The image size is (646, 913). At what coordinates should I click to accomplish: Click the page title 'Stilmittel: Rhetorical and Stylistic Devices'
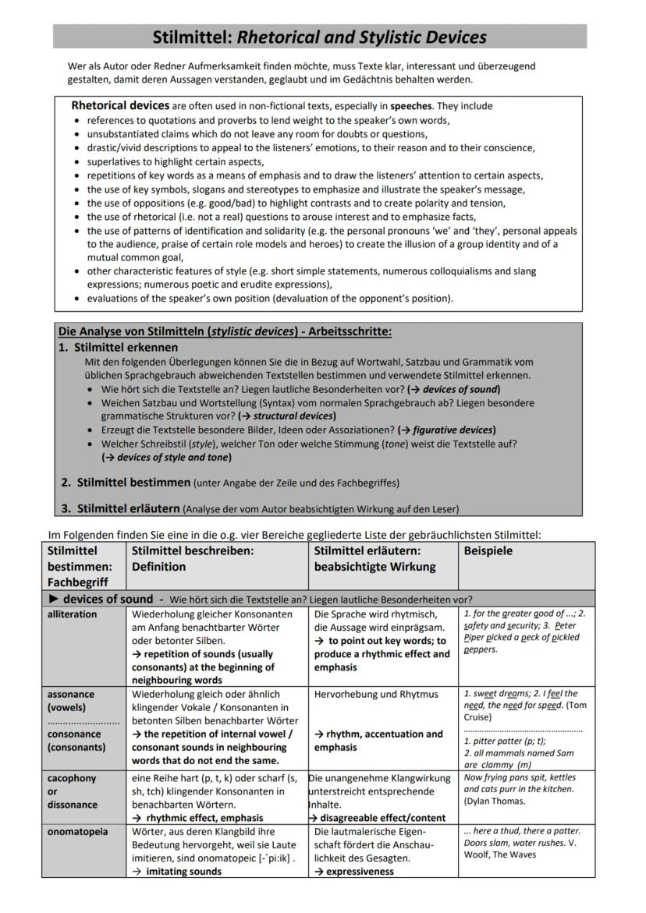tap(319, 37)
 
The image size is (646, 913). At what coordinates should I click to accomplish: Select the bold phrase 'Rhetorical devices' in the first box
tap(119, 105)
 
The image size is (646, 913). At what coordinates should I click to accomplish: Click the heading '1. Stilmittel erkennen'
tap(119, 347)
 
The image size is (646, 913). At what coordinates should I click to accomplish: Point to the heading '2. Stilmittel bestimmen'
tap(126, 482)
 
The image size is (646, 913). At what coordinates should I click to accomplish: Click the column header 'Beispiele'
tap(488, 550)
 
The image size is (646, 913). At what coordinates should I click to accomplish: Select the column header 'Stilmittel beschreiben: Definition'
tap(193, 558)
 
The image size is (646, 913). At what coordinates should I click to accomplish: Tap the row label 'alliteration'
tap(73, 614)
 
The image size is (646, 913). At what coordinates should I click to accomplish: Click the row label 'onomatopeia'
tap(77, 832)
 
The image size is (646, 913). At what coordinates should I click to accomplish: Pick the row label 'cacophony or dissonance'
tap(72, 791)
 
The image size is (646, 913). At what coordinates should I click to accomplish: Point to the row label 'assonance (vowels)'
tap(71, 700)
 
